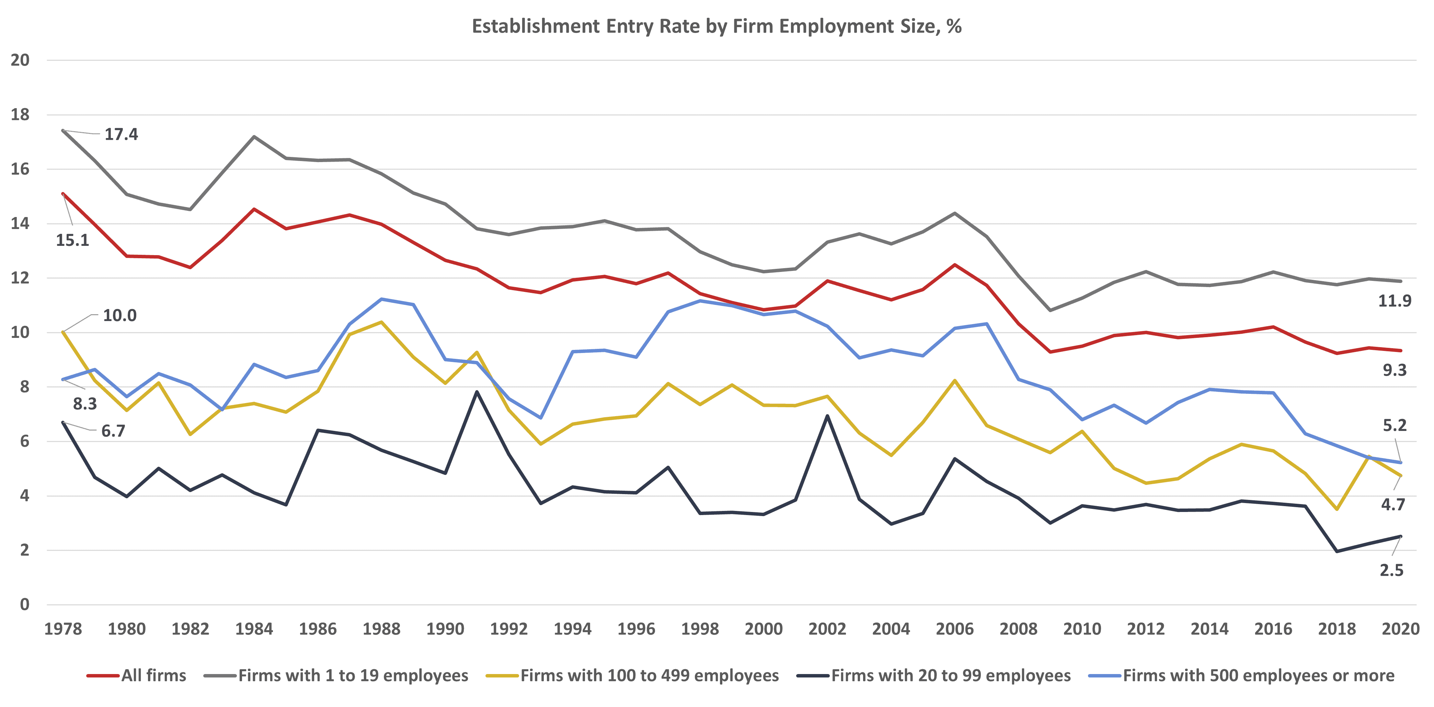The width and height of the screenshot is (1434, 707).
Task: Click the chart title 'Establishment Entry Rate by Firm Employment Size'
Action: tap(716, 26)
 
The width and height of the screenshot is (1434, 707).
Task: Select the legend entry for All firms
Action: tap(153, 675)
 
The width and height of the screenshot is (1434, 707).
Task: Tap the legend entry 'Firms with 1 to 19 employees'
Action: tap(353, 675)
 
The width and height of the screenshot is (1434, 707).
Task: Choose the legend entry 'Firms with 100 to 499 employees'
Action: tap(649, 675)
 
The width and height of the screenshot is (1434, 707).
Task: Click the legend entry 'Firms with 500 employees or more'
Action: tap(1258, 675)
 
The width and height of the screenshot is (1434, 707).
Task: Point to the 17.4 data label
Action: tap(121, 134)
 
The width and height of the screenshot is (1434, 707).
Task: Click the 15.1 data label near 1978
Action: tap(72, 240)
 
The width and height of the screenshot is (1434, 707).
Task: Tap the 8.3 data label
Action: tap(84, 403)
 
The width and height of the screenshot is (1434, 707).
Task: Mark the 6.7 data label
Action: tap(113, 431)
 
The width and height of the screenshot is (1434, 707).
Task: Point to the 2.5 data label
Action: tap(1391, 570)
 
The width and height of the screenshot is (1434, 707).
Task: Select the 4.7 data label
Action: tap(1393, 504)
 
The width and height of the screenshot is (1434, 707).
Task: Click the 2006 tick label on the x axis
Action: tap(955, 629)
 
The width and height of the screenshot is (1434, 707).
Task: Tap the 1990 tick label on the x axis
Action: tap(445, 629)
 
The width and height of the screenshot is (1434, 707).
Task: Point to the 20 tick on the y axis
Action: tap(20, 60)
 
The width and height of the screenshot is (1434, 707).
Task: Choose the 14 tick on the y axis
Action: tap(20, 224)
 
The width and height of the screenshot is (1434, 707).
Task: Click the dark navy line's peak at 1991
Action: tap(477, 391)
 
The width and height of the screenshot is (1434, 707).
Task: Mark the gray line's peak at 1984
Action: tap(254, 136)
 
